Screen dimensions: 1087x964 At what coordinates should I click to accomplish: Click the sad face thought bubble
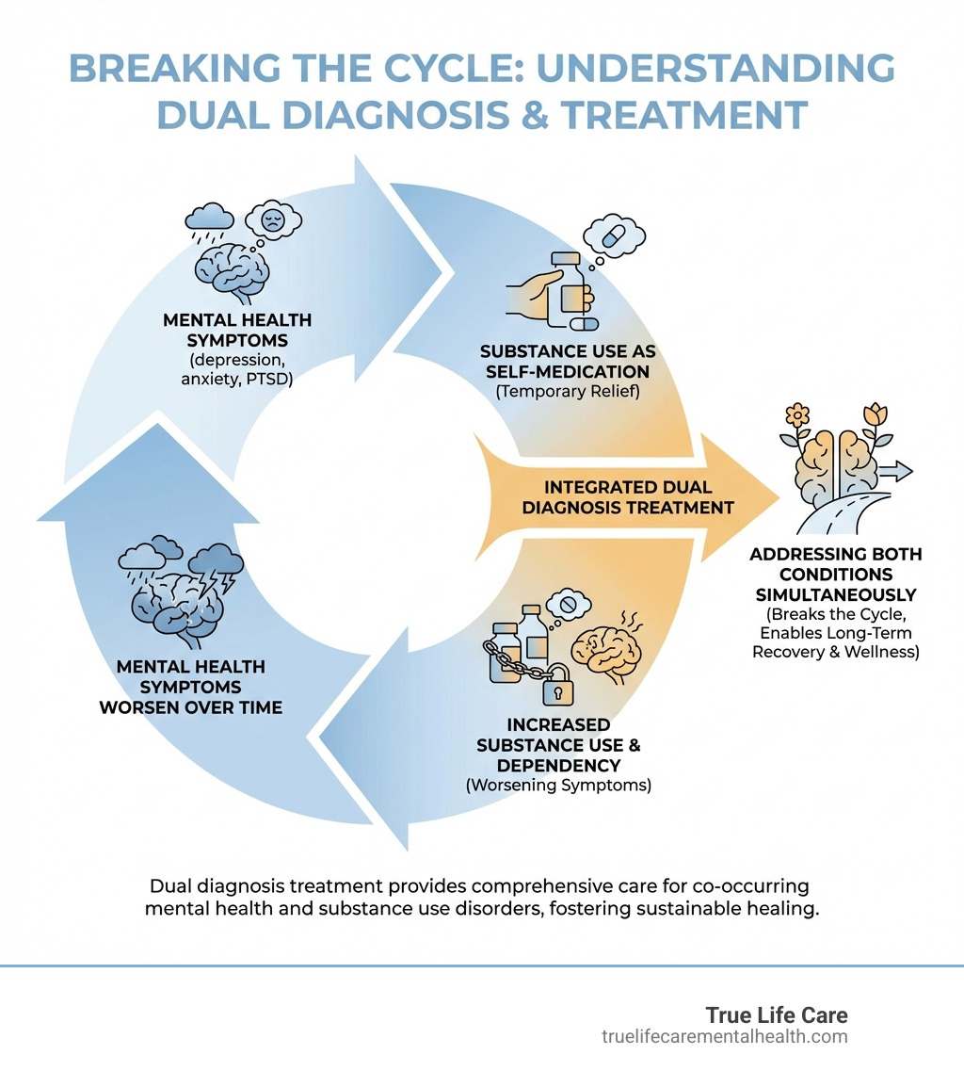(274, 220)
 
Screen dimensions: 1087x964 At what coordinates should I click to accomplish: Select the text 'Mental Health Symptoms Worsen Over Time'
(190, 686)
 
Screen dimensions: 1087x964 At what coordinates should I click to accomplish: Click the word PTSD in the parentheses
(273, 381)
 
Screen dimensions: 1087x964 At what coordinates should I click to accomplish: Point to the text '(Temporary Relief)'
(568, 391)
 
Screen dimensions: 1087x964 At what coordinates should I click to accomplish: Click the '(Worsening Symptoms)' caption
(558, 785)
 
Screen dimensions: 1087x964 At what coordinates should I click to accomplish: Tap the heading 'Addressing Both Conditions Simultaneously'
(835, 575)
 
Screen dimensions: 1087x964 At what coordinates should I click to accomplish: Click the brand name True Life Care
(777, 1015)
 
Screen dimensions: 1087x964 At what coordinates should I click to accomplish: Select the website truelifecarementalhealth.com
(724, 1037)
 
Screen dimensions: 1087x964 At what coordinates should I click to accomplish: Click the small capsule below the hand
(584, 324)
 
